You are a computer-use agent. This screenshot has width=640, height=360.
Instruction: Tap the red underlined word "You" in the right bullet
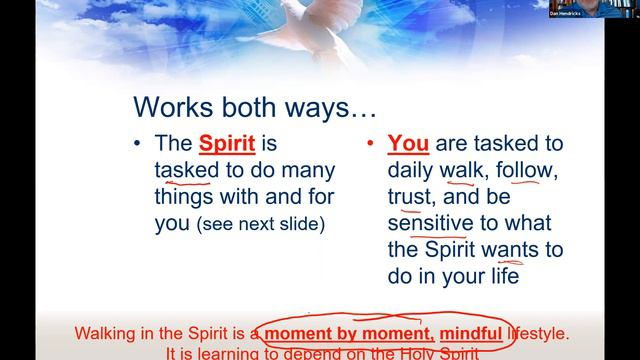[x=408, y=144]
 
